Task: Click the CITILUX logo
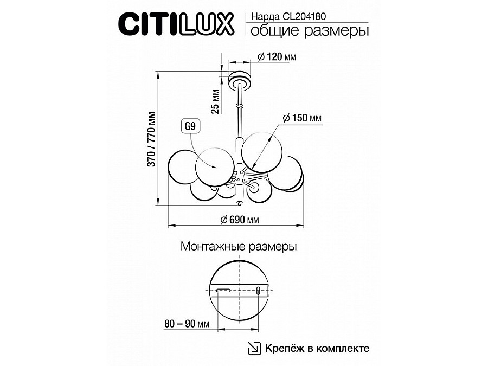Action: (176, 24)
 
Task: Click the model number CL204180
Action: (300, 16)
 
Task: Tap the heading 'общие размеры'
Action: (310, 31)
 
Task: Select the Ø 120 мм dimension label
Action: (277, 56)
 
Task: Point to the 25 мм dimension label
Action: (215, 102)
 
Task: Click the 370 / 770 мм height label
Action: (151, 139)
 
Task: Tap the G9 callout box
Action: (190, 126)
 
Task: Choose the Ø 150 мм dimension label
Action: (302, 118)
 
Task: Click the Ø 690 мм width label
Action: (239, 220)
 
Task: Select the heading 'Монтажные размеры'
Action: (239, 247)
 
